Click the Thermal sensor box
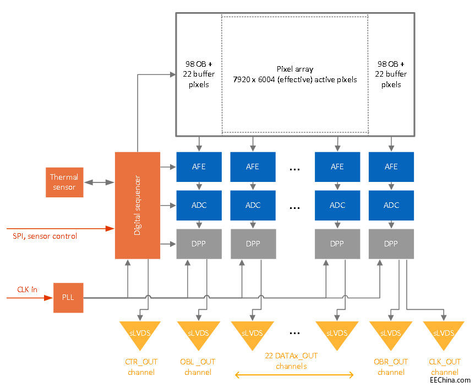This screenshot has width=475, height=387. click(x=64, y=182)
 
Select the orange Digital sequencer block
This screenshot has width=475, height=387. click(x=137, y=206)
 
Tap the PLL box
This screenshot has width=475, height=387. click(x=68, y=298)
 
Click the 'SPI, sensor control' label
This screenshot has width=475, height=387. click(x=45, y=236)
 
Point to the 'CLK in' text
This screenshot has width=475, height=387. click(x=28, y=288)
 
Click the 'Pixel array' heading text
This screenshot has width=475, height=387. click(x=294, y=69)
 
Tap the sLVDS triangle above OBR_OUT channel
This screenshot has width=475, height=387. click(x=391, y=333)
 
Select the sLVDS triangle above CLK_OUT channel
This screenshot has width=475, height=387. click(x=444, y=333)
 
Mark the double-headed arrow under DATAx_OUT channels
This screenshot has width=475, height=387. click(x=294, y=375)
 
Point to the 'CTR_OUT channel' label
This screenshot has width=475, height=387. click(x=141, y=367)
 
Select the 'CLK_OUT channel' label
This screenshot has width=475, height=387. click(x=444, y=367)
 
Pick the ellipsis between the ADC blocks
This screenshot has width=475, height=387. click(x=294, y=208)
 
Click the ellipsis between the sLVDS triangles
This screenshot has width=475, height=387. click(x=294, y=332)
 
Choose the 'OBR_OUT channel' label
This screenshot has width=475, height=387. click(x=391, y=367)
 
